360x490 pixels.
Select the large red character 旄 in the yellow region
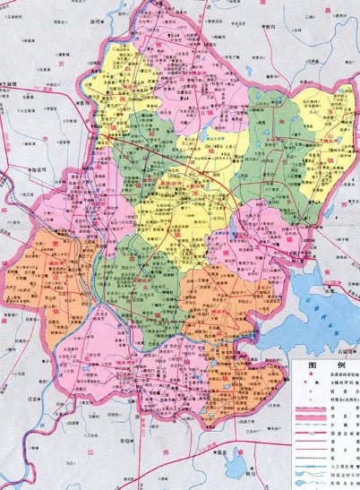pyautogui.click(x=148, y=90)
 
